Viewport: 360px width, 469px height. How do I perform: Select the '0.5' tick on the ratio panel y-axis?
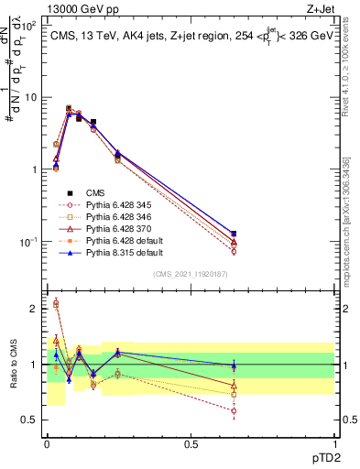pyautogui.click(x=30, y=420)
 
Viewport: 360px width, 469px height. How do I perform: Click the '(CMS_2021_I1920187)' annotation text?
pyautogui.click(x=191, y=274)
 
